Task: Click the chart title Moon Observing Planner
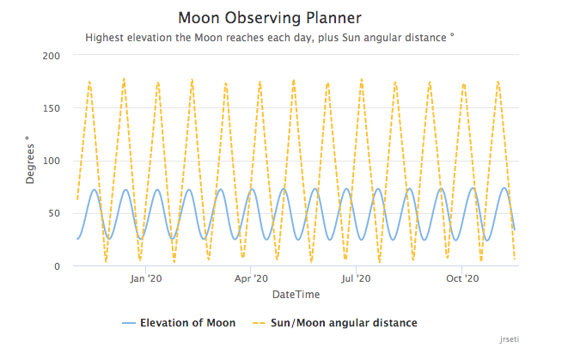click(x=270, y=17)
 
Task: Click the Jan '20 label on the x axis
click(x=146, y=279)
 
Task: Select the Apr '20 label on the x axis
click(x=250, y=279)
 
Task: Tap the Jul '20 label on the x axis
click(x=355, y=279)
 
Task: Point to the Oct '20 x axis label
click(x=462, y=279)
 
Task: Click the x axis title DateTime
click(x=296, y=295)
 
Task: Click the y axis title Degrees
click(x=30, y=161)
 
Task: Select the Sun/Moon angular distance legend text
click(x=345, y=323)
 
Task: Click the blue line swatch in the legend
click(x=129, y=323)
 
